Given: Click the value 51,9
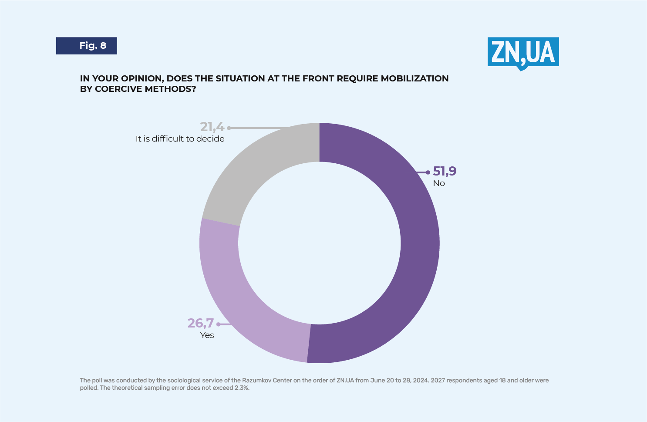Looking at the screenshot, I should [x=445, y=171].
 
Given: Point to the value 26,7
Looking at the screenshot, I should [x=200, y=323].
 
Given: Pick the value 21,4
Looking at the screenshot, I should [x=212, y=127].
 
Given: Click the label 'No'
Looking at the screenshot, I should [x=439, y=183].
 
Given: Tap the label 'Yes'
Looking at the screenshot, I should [x=207, y=335].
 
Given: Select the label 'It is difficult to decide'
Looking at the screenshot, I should [x=180, y=139].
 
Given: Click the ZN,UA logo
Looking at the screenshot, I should [x=523, y=53].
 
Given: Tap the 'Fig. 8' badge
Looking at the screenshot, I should [x=87, y=46].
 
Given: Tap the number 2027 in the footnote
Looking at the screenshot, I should [x=438, y=380].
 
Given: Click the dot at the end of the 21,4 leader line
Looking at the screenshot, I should [x=229, y=128].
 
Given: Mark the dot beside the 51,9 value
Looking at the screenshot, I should [x=428, y=172].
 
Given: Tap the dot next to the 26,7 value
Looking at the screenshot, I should [x=218, y=324].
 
